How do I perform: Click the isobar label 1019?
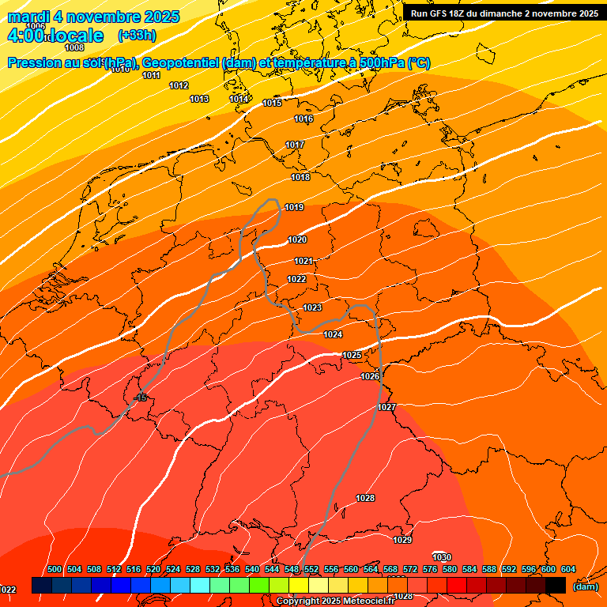[x=294, y=207]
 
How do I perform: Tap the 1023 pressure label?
[x=312, y=307]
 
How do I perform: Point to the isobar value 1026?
[x=370, y=376]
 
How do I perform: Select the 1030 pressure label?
[x=442, y=557]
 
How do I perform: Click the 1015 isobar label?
[x=272, y=103]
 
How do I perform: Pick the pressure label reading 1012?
[x=179, y=85]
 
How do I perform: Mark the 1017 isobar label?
[x=295, y=145]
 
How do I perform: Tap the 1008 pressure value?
[x=74, y=48]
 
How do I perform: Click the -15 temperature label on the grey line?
[x=141, y=398]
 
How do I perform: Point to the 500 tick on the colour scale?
[x=55, y=569]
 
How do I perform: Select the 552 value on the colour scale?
[x=311, y=569]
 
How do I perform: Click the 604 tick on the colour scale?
[x=568, y=569]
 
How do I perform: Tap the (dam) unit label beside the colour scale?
[x=585, y=586]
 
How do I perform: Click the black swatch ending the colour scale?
[x=556, y=585]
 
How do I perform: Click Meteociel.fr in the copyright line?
[x=368, y=601]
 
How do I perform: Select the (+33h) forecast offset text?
[x=136, y=36]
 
